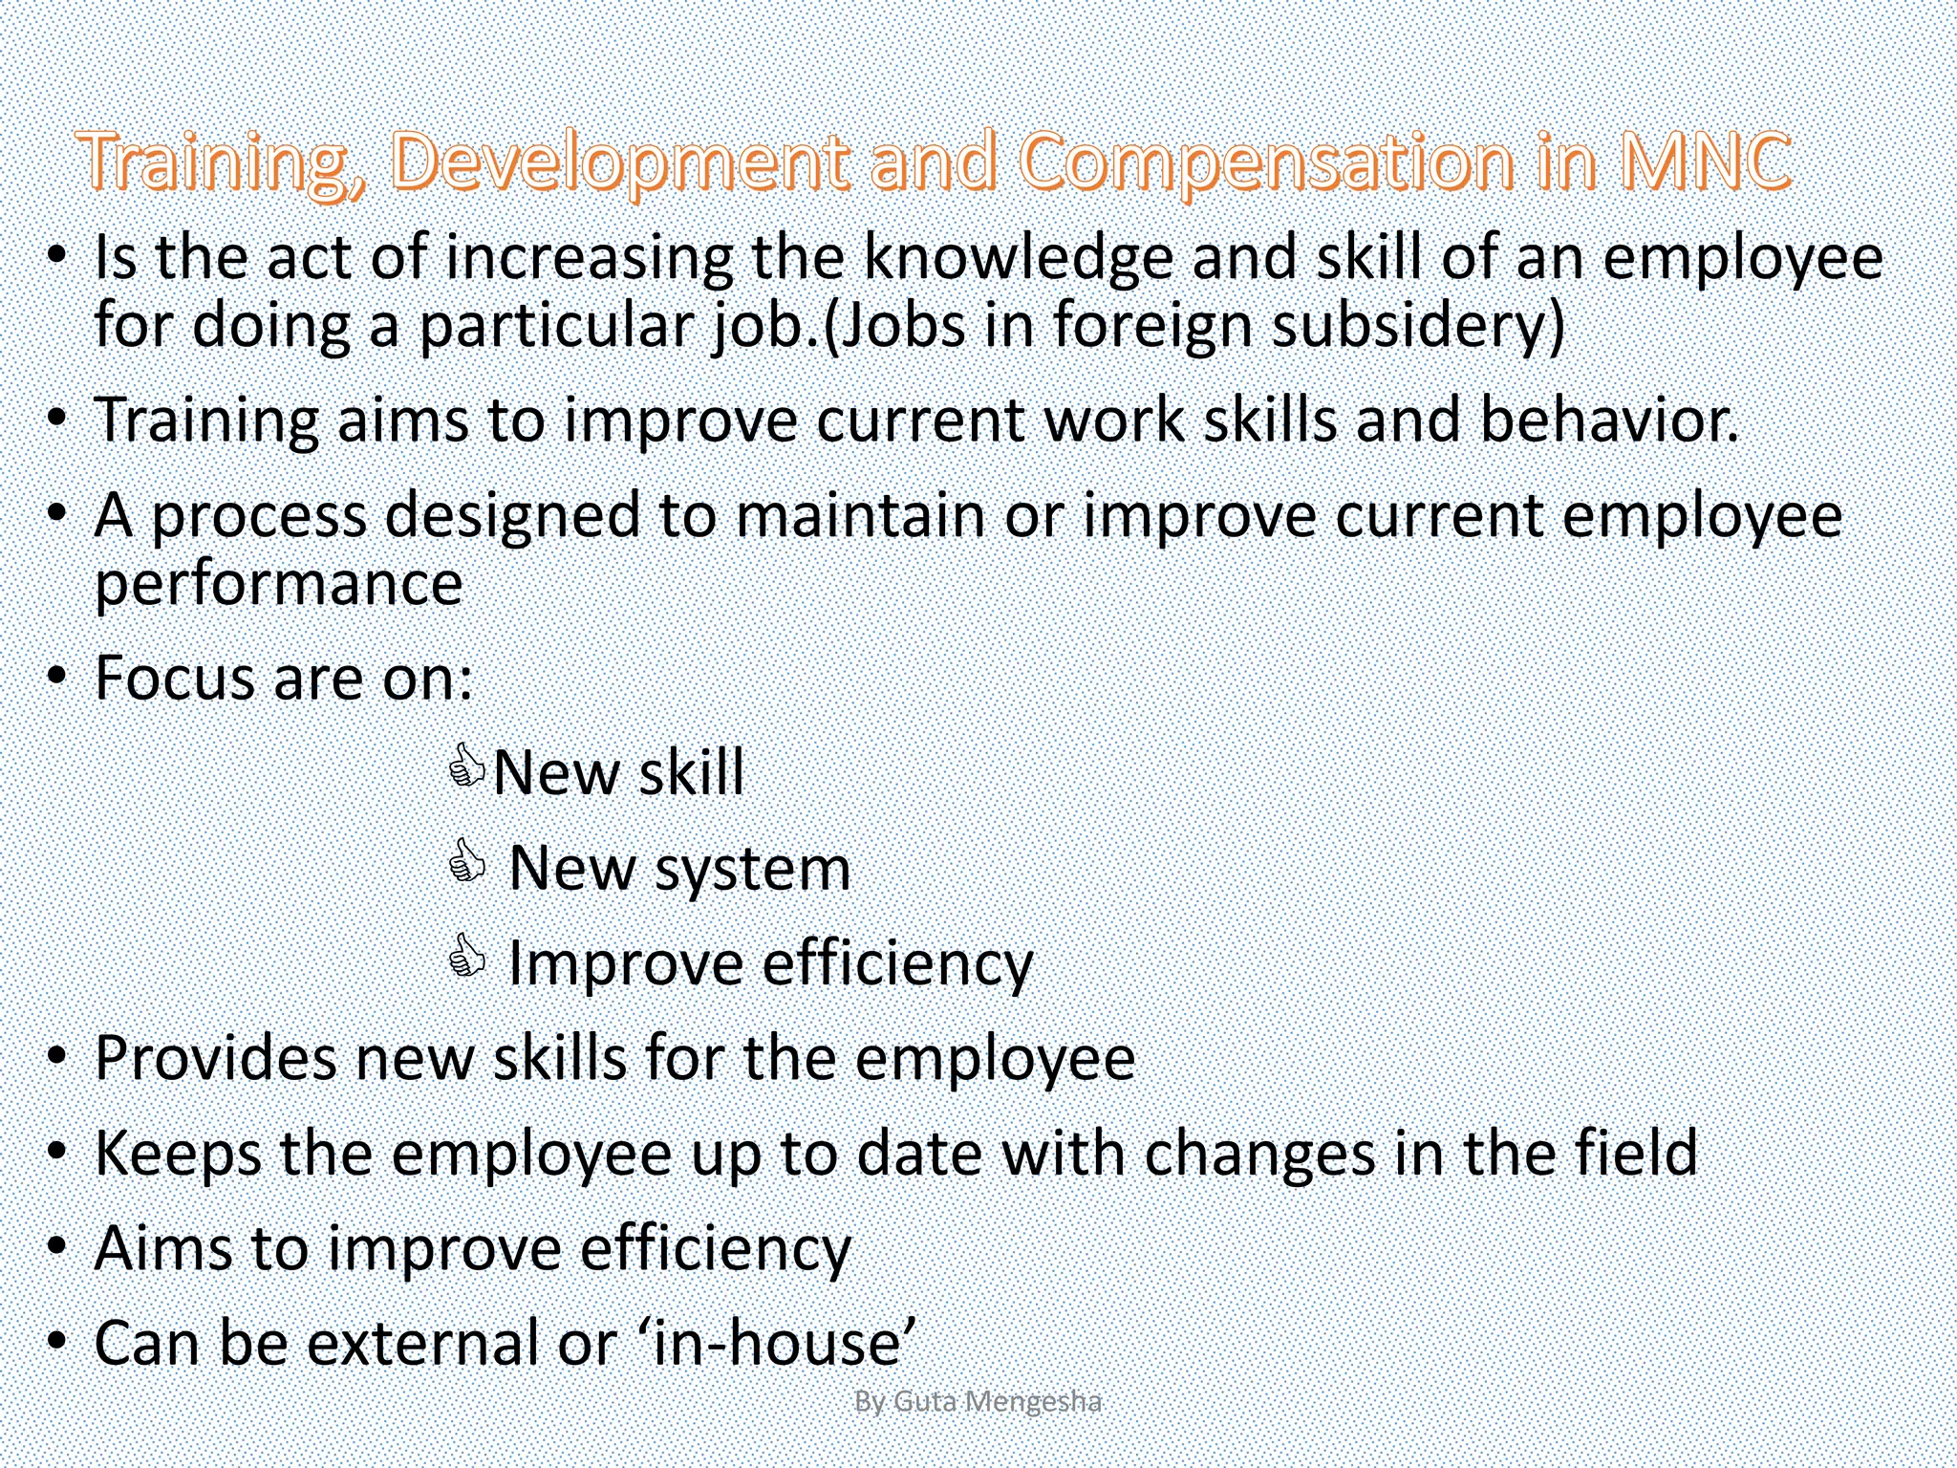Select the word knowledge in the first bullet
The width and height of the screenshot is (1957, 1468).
click(x=1018, y=260)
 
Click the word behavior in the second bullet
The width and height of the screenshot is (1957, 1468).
click(x=1609, y=421)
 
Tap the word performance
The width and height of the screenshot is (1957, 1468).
click(x=278, y=585)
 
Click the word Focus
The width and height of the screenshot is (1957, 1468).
click(x=174, y=679)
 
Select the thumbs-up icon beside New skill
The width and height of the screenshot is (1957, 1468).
click(x=467, y=766)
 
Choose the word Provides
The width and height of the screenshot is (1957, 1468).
click(x=215, y=1059)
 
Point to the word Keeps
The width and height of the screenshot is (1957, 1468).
click(x=178, y=1154)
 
